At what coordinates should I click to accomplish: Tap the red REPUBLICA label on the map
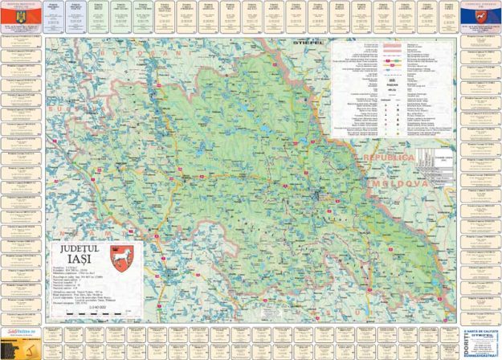pos(390,157)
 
